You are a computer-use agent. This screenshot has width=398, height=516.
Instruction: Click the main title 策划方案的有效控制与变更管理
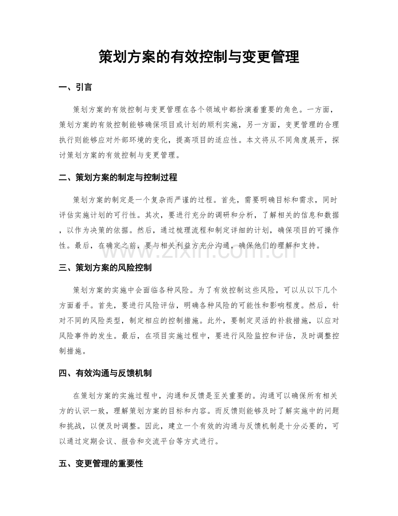tap(199, 57)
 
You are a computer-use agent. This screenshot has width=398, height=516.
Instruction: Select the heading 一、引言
tap(75, 88)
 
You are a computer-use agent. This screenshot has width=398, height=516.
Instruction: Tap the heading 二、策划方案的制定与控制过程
tap(118, 178)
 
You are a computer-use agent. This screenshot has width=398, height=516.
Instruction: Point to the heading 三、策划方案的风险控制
tap(105, 268)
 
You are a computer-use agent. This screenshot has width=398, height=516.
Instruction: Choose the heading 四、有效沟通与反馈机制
tap(105, 373)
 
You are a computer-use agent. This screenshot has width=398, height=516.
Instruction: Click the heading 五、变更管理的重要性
tap(100, 464)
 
